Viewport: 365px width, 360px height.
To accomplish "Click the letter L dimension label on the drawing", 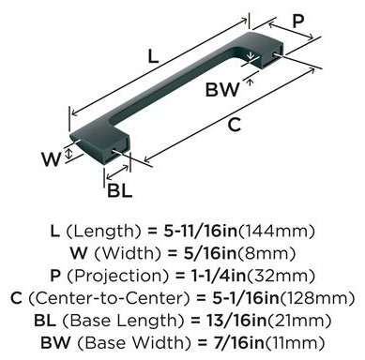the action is [x=153, y=56].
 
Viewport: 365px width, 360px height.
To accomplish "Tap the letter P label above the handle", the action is [x=298, y=22].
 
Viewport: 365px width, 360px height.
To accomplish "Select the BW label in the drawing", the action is [x=222, y=89].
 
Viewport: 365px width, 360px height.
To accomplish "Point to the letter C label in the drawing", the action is [x=235, y=125].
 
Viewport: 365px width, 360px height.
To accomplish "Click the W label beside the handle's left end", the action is [x=52, y=159].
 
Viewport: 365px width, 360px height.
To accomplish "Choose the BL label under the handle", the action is [x=120, y=190].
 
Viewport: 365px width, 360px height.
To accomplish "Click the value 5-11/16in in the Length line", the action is [x=201, y=232].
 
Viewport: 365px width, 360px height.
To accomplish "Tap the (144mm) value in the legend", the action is [x=276, y=232].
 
